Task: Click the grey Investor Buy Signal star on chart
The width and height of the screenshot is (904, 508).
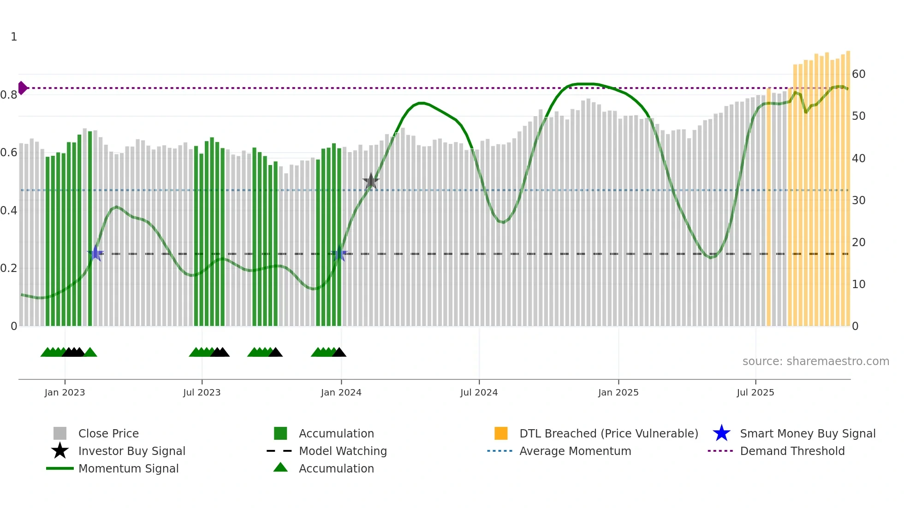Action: [371, 182]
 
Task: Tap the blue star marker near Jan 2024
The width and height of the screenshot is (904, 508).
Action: [340, 254]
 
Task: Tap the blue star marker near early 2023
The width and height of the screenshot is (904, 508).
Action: [95, 253]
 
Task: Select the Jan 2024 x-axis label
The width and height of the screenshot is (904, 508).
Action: [341, 392]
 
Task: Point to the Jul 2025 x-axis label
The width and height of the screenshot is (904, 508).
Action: [755, 392]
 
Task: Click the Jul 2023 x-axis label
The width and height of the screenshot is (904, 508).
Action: [202, 392]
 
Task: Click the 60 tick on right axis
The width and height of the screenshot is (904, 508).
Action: [858, 74]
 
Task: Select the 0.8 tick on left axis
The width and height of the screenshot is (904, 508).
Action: [9, 95]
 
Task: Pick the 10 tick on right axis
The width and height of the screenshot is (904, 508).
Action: [858, 284]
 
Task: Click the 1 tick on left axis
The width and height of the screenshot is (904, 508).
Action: [14, 37]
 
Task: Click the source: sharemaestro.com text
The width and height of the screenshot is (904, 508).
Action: [815, 361]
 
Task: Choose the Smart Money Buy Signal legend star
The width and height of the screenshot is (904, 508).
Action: [721, 433]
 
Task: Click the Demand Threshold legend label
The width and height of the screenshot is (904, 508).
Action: [792, 451]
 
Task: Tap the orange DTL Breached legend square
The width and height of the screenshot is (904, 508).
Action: [501, 433]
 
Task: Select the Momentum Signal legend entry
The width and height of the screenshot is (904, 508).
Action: [128, 468]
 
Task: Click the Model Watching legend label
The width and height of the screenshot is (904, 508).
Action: [343, 451]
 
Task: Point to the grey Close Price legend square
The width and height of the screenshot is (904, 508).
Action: [60, 433]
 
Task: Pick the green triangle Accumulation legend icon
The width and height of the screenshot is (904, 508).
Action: [280, 467]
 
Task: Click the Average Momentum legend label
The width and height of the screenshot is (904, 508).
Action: [575, 451]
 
